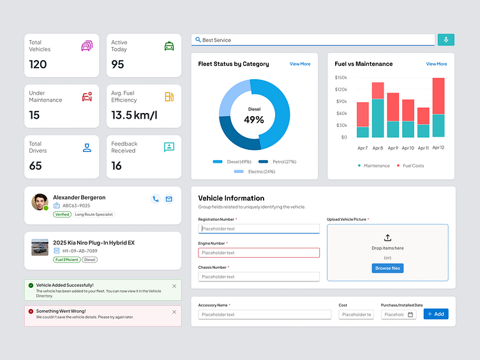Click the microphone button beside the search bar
[x=446, y=40]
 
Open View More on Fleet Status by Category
[x=300, y=64]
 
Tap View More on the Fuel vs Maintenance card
[x=437, y=64]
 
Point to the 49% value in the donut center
[x=254, y=119]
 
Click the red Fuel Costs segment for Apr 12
[x=439, y=96]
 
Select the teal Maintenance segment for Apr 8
[x=378, y=118]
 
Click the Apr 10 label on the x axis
[x=407, y=148]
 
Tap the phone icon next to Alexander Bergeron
[x=155, y=199]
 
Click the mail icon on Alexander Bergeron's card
[x=169, y=199]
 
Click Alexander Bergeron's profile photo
[x=40, y=202]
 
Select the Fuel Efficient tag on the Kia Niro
[x=66, y=260]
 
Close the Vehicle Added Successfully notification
[x=174, y=286]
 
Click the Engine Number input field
[x=259, y=253]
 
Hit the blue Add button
[x=436, y=314]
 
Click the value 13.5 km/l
[x=134, y=115]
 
